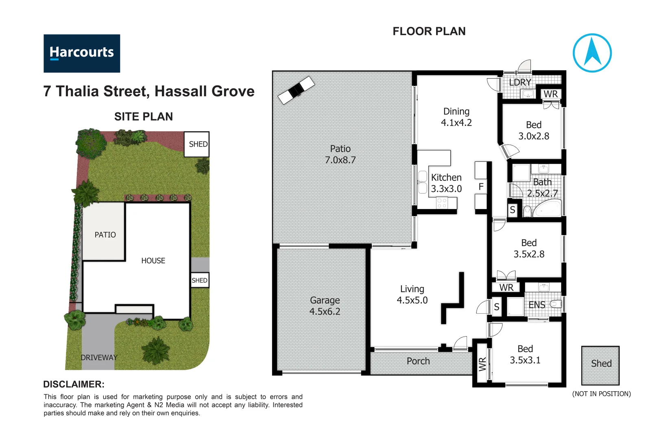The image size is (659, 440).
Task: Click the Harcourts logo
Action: (82, 53)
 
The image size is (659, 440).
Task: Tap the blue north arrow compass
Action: (592, 53)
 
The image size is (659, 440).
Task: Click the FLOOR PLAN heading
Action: (429, 31)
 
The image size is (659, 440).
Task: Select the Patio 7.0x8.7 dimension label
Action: (340, 155)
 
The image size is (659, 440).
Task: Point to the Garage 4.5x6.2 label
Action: (325, 306)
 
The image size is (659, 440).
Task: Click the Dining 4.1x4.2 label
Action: (456, 117)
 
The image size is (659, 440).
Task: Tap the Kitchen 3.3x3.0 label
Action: (446, 183)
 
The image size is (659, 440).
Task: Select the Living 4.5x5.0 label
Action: (412, 295)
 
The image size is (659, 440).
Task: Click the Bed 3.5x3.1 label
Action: (525, 354)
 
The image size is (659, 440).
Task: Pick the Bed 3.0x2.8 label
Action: (534, 130)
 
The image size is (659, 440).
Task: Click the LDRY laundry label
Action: (520, 82)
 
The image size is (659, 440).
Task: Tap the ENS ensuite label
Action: (537, 305)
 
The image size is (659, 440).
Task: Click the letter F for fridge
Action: (481, 187)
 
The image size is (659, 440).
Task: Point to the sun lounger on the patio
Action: (296, 90)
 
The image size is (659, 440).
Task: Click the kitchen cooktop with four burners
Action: (442, 203)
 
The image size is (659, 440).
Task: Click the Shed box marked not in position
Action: (600, 365)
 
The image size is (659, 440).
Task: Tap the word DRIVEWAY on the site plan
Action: (99, 357)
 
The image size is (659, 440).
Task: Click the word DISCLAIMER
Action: (74, 384)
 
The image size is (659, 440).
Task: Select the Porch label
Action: (418, 361)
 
